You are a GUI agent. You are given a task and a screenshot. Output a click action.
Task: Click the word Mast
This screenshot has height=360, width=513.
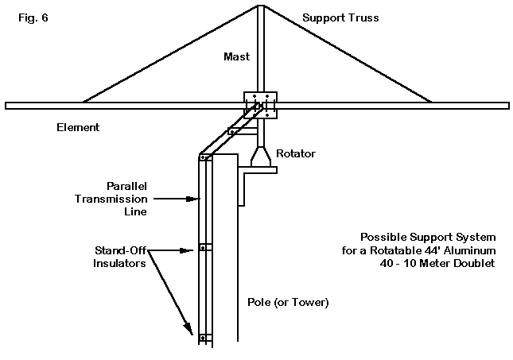(237, 57)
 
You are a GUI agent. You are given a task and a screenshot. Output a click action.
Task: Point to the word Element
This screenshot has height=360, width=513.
(77, 126)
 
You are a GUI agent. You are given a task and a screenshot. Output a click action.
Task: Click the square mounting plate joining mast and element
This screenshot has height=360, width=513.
(260, 105)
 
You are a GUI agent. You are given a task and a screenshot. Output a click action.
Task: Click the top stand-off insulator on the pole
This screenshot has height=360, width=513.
(204, 157)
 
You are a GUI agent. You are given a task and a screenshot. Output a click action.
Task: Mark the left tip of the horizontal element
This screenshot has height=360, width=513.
(6, 105)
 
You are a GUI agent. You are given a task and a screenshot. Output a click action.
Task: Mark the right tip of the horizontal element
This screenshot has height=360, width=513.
(507, 105)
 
